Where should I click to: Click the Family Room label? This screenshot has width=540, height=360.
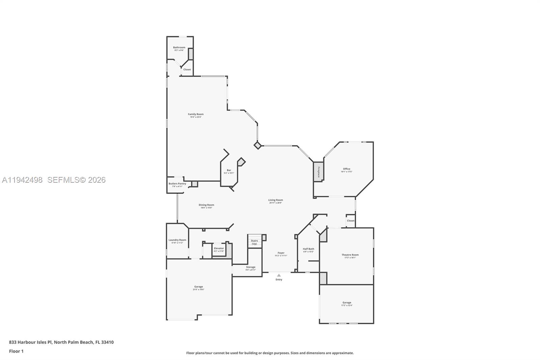pyautogui.click(x=196, y=114)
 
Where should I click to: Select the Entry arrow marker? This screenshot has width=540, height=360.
pyautogui.click(x=279, y=275)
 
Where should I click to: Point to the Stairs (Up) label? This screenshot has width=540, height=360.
pyautogui.click(x=254, y=242)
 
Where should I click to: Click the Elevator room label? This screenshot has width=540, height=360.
pyautogui.click(x=219, y=248)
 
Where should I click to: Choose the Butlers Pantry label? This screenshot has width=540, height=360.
pyautogui.click(x=177, y=184)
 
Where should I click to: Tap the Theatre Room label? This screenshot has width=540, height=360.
pyautogui.click(x=350, y=255)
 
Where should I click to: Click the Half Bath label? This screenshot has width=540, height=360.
pyautogui.click(x=308, y=249)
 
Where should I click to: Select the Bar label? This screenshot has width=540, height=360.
pyautogui.click(x=229, y=170)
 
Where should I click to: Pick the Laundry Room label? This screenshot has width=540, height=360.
pyautogui.click(x=177, y=240)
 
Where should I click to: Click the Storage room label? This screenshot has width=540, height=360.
pyautogui.click(x=250, y=267)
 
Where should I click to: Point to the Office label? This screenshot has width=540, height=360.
pyautogui.click(x=347, y=169)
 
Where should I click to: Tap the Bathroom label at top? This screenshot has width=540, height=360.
pyautogui.click(x=179, y=47)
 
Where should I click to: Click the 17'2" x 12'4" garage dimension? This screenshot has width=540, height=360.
pyautogui.click(x=347, y=305)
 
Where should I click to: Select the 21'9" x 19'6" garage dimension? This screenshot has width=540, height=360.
pyautogui.click(x=198, y=289)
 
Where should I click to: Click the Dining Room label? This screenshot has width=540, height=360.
pyautogui.click(x=206, y=205)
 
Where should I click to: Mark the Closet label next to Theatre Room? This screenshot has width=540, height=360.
pyautogui.click(x=351, y=221)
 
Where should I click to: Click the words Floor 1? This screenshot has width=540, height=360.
pyautogui.click(x=16, y=351)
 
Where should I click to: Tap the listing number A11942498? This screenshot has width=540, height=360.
pyautogui.click(x=22, y=180)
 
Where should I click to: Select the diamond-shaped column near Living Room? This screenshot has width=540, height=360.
pyautogui.click(x=258, y=145)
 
